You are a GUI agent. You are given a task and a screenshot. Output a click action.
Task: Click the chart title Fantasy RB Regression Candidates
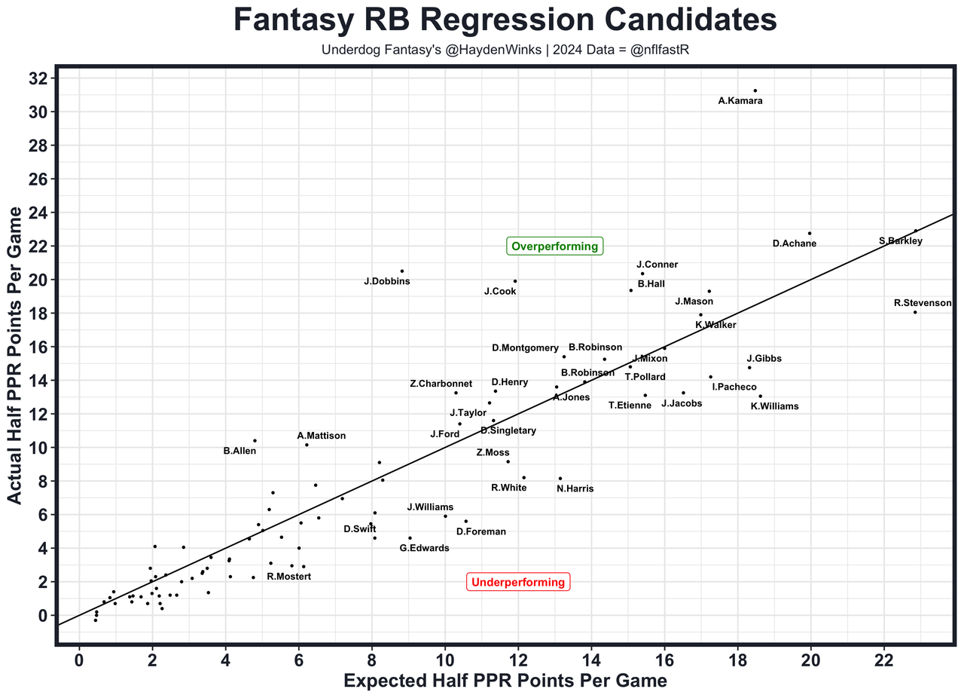[x=505, y=20]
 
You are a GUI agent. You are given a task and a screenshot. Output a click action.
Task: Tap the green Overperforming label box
[x=555, y=246]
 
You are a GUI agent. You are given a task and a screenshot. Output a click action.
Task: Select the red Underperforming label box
[x=518, y=582]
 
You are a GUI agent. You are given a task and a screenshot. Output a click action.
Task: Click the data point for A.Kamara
[x=755, y=90]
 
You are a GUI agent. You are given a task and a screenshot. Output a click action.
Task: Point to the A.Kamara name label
[x=740, y=101]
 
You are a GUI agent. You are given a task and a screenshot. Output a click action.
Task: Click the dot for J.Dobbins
[x=402, y=271]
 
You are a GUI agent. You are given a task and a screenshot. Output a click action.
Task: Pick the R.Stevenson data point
[x=915, y=312]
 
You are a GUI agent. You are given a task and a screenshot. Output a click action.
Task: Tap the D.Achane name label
[x=795, y=243]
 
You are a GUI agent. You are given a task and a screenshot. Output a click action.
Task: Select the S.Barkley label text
[x=901, y=241]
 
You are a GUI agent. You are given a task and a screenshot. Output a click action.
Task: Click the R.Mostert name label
[x=288, y=577]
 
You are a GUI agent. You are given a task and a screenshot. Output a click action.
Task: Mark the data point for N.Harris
[x=560, y=478]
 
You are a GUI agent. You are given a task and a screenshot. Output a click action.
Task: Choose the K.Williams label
[x=775, y=406]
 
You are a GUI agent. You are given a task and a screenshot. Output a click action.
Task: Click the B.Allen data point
[x=255, y=440]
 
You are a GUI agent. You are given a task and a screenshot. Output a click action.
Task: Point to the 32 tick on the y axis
[x=42, y=78]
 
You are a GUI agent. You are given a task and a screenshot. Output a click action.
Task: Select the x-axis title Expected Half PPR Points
[x=505, y=681]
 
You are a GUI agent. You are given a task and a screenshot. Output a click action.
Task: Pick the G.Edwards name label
[x=424, y=548]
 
